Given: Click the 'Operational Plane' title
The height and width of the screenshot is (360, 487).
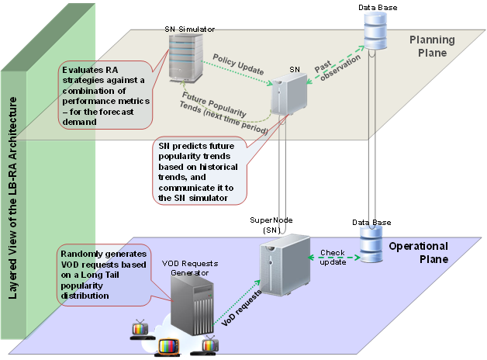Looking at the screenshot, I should click(x=420, y=251).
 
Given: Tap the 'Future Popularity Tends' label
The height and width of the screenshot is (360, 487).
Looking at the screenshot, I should click(x=226, y=113).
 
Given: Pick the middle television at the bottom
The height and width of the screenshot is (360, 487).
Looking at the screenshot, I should click(x=170, y=347).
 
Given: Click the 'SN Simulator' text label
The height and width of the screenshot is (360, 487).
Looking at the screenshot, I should click(x=190, y=28).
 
